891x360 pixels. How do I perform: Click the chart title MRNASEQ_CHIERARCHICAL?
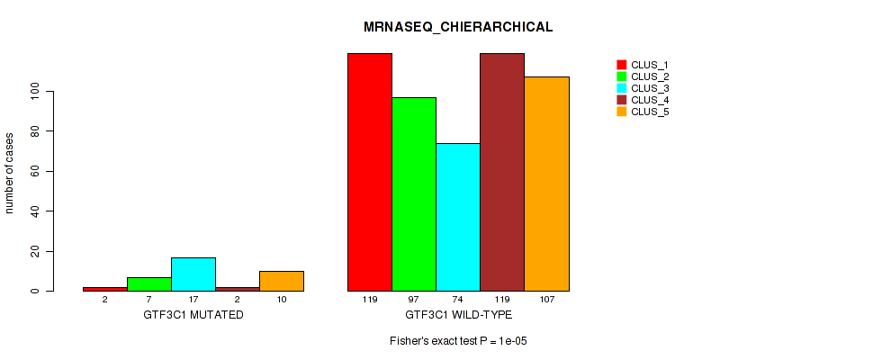[x=458, y=27]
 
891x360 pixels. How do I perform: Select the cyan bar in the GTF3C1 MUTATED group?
[x=193, y=274]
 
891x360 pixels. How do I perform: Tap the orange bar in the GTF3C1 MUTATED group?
[x=282, y=281]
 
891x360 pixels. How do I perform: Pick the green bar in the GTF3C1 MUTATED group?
[x=149, y=284]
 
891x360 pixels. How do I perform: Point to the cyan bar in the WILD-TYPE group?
[x=458, y=217]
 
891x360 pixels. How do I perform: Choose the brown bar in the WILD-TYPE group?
[x=502, y=172]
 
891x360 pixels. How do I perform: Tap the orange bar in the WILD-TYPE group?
[x=546, y=184]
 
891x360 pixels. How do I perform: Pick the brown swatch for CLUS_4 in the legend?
[x=621, y=100]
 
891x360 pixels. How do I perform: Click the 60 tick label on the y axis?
[x=33, y=171]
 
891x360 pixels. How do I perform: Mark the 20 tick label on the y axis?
[x=33, y=251]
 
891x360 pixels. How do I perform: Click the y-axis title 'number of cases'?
[x=10, y=173]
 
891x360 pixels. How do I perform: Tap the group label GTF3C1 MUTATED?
[x=193, y=315]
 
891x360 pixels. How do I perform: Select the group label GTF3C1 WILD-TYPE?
[x=458, y=315]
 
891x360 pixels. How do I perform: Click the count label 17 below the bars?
[x=193, y=299]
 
